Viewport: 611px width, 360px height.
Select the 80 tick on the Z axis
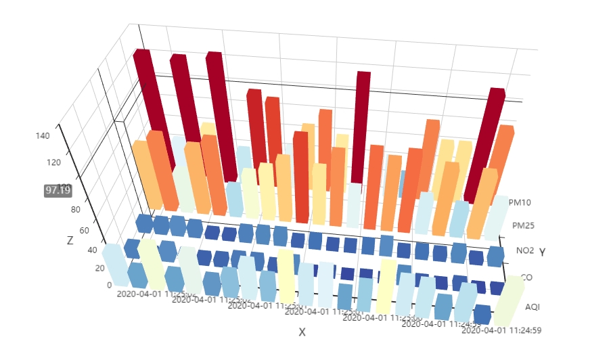point(76,209)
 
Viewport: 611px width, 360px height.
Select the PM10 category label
point(521,202)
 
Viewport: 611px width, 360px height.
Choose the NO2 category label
point(525,251)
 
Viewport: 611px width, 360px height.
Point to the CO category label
point(526,277)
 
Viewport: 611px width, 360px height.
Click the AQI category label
point(533,307)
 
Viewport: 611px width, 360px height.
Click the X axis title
point(302,332)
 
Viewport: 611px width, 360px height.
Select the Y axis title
point(542,252)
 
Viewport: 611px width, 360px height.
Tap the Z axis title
point(70,241)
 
